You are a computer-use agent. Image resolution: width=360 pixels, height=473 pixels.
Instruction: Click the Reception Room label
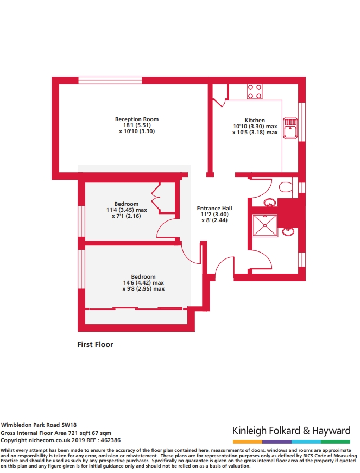click(137, 119)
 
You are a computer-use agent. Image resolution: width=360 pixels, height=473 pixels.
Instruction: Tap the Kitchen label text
click(255, 121)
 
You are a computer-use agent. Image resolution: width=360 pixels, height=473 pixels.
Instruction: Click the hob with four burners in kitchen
click(255, 91)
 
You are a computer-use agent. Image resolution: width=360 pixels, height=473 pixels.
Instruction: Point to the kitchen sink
click(289, 128)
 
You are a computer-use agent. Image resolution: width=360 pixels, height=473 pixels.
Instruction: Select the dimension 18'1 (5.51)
click(136, 125)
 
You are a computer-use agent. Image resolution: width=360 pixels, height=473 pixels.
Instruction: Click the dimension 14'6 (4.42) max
click(143, 283)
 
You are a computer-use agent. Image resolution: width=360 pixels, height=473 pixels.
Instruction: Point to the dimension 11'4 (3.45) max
click(127, 210)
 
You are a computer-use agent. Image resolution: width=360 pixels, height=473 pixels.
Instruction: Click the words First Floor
click(96, 344)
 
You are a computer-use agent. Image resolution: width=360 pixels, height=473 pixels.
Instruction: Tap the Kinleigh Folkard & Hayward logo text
click(291, 431)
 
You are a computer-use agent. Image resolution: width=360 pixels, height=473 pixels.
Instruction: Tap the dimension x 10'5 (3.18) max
click(255, 132)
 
